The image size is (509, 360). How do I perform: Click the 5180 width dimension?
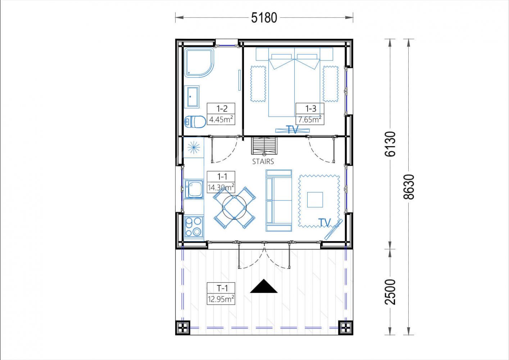click(264, 18)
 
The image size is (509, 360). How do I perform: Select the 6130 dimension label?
click(390, 144)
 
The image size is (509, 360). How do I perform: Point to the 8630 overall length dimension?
click(409, 187)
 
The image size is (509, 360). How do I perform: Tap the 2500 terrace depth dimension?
click(390, 292)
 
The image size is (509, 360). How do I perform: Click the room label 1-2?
click(222, 108)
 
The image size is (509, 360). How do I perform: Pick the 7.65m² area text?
click(310, 119)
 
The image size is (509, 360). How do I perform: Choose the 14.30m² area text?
click(221, 188)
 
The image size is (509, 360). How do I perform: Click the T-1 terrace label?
click(222, 288)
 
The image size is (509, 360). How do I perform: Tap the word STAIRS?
click(263, 162)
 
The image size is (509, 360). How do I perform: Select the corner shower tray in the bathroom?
click(199, 63)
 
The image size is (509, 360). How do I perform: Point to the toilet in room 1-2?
click(195, 122)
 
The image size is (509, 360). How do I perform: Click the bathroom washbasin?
click(192, 97)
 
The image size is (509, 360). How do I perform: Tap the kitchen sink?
click(194, 189)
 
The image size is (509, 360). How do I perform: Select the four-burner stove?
click(194, 227)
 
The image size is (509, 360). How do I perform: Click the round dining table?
click(234, 207)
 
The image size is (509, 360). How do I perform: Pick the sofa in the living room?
click(279, 201)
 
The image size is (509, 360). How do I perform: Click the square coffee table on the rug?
click(315, 200)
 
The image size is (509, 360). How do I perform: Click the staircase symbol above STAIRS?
click(264, 145)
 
